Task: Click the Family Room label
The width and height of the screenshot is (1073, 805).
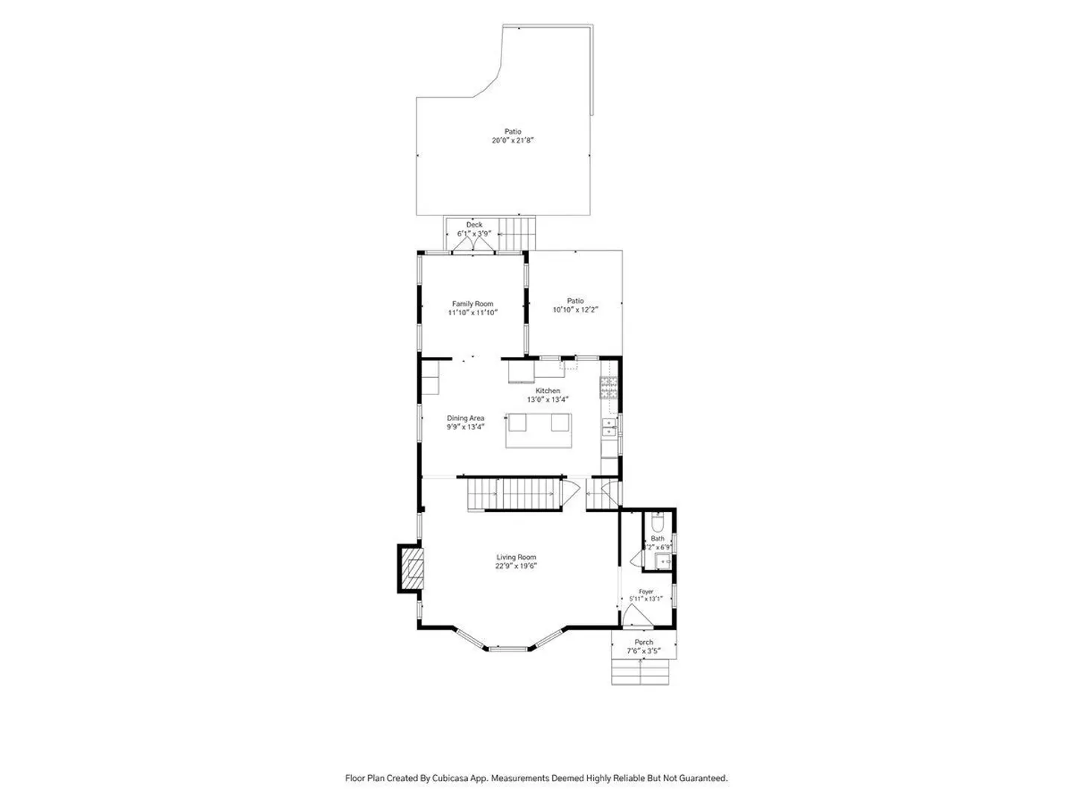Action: (472, 303)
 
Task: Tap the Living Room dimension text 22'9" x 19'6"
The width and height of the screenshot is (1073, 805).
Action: (516, 566)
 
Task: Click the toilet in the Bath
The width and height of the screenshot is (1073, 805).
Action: (657, 523)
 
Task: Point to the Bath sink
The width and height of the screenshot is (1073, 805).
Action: (662, 562)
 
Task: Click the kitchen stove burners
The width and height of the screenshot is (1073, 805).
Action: (609, 388)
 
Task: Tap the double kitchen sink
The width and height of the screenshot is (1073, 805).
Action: (609, 427)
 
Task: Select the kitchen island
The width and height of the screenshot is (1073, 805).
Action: (538, 431)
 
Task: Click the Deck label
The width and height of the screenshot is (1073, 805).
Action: (474, 225)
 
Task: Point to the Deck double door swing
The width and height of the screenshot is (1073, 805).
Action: (472, 244)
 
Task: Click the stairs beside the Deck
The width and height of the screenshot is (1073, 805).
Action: (516, 233)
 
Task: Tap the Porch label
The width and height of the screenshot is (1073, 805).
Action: (643, 643)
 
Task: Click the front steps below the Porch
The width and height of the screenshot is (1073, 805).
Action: (640, 672)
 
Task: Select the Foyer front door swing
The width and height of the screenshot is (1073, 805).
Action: (637, 616)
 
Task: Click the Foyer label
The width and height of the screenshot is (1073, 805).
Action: (646, 591)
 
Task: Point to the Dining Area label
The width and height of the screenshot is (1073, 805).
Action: (465, 418)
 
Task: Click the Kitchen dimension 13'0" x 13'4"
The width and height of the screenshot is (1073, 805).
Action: (547, 400)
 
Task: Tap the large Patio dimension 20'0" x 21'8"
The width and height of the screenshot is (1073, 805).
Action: (513, 140)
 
